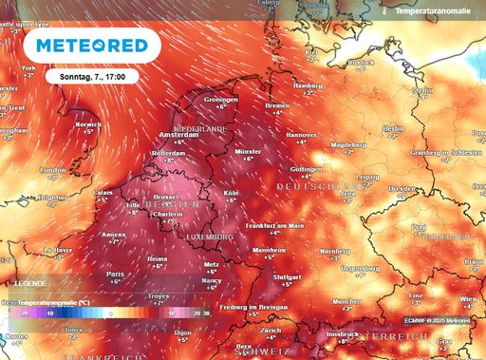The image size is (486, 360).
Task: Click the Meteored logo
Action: tap(91, 45)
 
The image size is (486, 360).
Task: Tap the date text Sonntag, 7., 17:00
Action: tap(99, 75)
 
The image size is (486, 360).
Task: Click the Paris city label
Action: tap(115, 275)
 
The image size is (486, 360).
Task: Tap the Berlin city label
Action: tap(393, 127)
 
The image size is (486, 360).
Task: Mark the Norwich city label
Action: tap(88, 123)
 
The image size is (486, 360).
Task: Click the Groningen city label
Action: tap(220, 100)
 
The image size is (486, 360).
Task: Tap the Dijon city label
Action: tap(182, 332)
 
